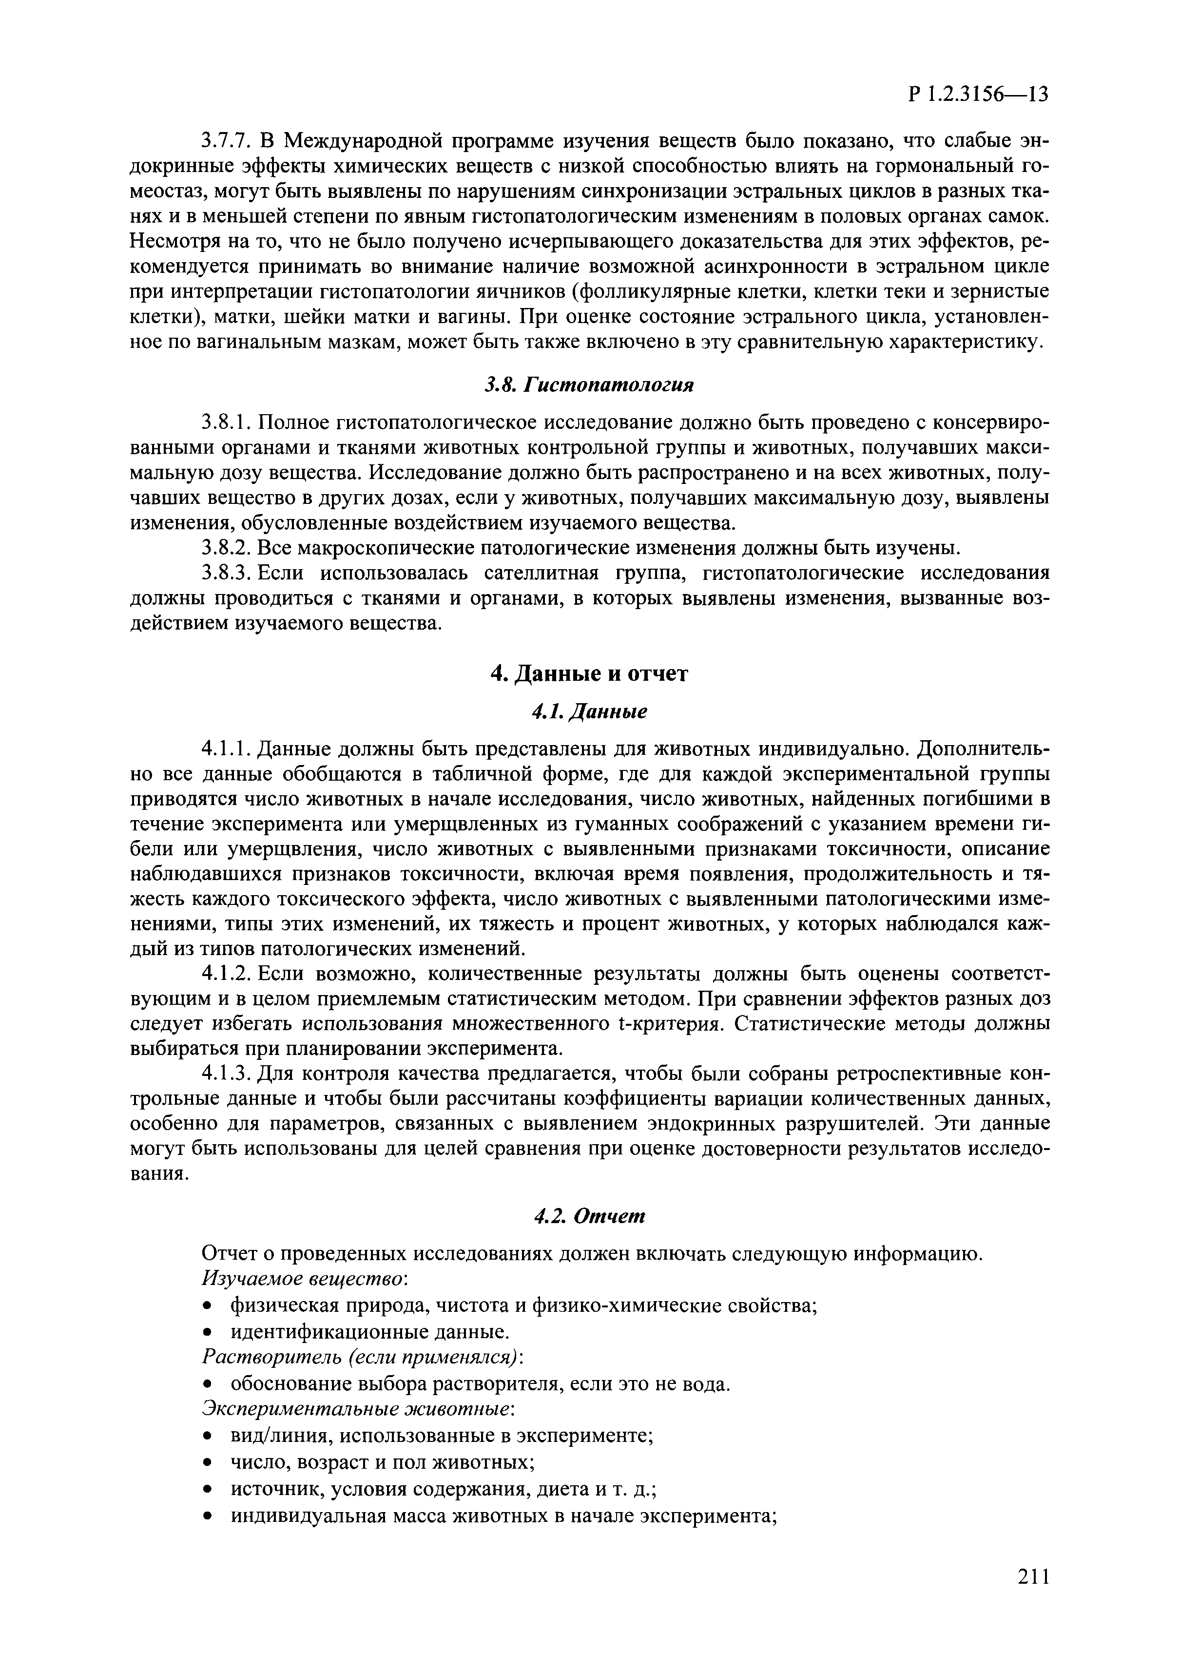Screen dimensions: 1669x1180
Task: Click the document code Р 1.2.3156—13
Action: point(978,95)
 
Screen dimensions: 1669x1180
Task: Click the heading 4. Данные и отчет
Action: point(589,674)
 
